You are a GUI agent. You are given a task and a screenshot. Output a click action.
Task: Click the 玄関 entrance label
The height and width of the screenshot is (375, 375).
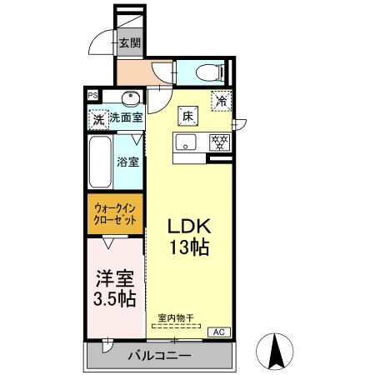pos(130,42)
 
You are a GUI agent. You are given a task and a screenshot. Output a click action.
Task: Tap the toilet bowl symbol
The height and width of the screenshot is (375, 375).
pos(210,72)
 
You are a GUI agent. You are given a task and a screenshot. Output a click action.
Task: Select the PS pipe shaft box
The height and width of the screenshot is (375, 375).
pos(92,96)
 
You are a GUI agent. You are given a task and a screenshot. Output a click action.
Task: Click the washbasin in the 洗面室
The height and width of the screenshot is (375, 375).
pos(131,98)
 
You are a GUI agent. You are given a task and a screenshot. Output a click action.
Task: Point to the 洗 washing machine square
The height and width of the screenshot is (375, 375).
pos(98,120)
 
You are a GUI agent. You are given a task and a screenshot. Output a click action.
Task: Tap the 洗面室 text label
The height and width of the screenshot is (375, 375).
pos(126,117)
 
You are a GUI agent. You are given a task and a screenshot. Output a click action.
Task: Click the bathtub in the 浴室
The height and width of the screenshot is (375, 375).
pos(100,162)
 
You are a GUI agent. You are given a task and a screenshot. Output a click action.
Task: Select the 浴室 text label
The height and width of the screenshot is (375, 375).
pos(127,162)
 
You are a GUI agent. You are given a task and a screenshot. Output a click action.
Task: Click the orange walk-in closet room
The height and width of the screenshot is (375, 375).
pos(115,213)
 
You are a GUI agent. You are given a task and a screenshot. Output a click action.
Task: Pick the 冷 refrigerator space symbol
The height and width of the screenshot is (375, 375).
pos(222,101)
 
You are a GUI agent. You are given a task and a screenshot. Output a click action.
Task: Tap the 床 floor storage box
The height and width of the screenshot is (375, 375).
pos(188,116)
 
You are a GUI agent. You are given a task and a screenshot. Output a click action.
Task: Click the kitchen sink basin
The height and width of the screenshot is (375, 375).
pos(186,142)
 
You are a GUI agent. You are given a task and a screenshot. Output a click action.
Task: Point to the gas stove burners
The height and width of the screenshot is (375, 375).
pos(220,142)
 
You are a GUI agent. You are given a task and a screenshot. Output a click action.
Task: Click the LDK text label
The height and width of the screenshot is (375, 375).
pos(189,226)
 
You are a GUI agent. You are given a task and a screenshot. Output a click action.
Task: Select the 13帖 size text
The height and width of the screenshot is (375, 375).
pos(189,247)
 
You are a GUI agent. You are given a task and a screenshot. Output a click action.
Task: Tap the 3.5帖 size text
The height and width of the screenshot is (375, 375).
pos(115,298)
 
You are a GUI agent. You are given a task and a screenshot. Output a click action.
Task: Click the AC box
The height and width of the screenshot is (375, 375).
pos(219,332)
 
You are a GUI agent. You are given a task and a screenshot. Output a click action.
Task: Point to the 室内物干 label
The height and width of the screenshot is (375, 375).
pos(176,317)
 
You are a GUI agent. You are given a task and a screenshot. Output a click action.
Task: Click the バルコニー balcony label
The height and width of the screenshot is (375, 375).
pos(159,356)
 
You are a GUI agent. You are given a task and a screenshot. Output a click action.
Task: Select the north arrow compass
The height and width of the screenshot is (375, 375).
pos(274,352)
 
